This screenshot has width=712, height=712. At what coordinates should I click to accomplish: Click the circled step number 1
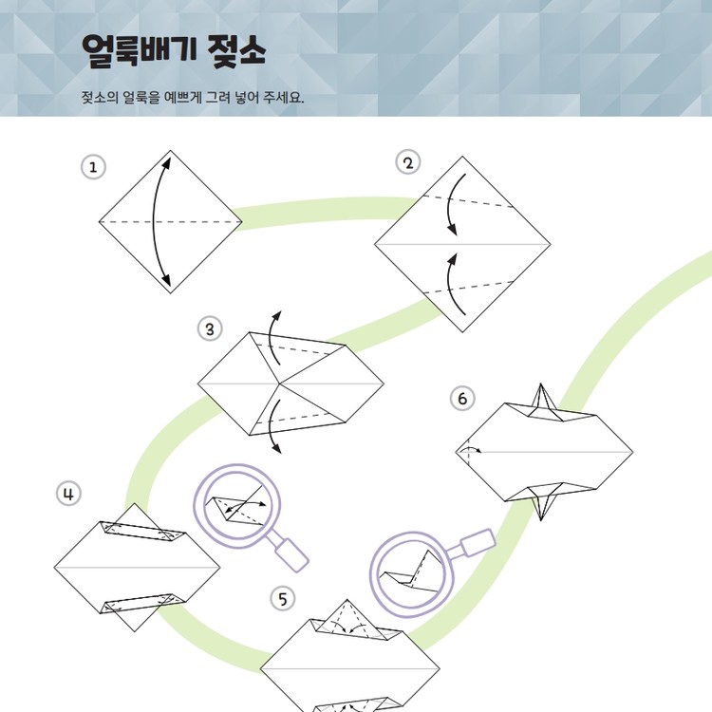point(93,167)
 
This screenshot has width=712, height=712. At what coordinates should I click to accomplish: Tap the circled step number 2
point(408,162)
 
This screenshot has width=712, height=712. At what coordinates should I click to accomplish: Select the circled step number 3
point(210,328)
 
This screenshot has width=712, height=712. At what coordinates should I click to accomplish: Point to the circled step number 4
point(68,494)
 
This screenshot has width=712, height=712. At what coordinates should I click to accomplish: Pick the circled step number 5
point(283,598)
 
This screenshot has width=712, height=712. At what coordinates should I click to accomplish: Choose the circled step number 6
point(462,398)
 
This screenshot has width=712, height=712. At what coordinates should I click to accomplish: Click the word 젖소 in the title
point(236,51)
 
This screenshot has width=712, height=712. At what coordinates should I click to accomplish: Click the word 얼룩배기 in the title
point(140,50)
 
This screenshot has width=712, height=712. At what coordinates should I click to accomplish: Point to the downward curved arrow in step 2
point(449,204)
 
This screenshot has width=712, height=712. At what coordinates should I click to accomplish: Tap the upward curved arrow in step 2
point(449,284)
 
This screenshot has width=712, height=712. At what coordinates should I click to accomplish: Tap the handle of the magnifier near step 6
point(477,542)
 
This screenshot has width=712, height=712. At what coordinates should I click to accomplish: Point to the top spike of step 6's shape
point(540,398)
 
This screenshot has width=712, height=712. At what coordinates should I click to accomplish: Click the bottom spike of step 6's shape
point(540,504)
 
